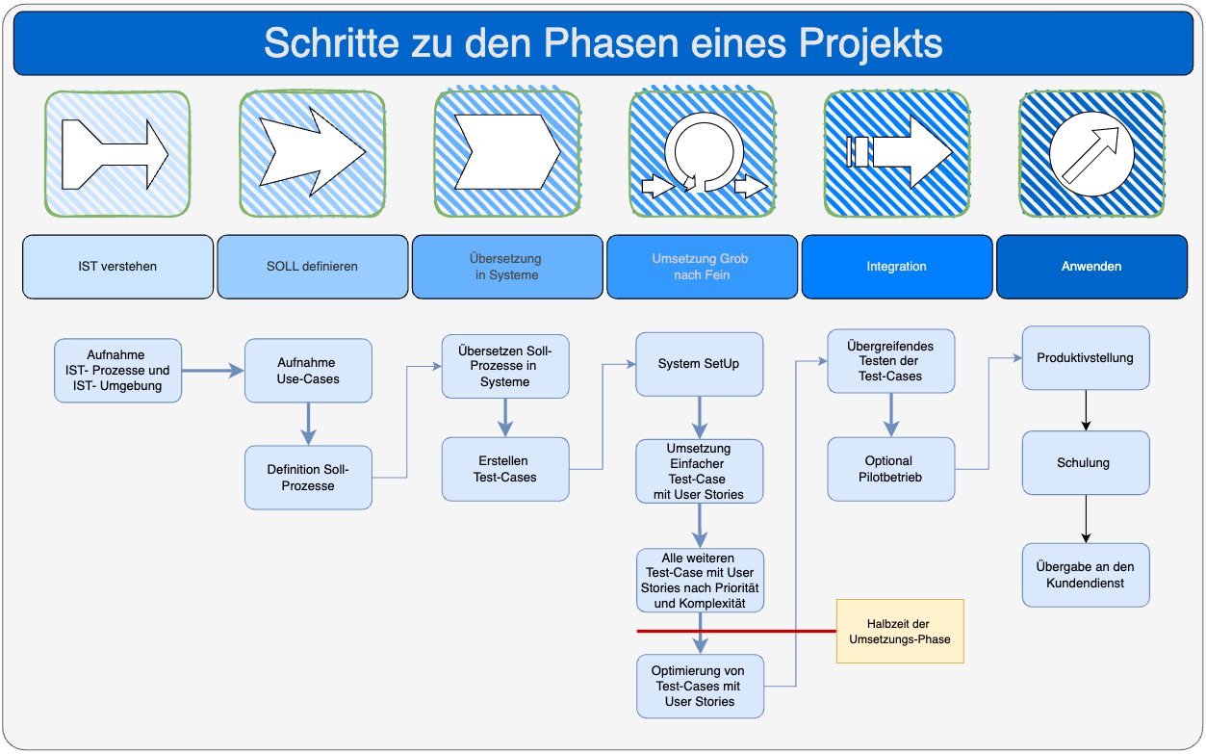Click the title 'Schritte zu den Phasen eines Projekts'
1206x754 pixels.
(603, 43)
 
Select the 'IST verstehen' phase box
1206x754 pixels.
(117, 267)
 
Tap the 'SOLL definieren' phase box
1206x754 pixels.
(312, 267)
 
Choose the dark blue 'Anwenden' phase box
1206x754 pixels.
(1091, 267)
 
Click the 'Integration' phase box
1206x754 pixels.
(896, 267)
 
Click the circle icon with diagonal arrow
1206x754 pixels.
(1091, 154)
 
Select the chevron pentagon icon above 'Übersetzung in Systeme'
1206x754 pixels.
(507, 152)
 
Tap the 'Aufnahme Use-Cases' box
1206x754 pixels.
(307, 371)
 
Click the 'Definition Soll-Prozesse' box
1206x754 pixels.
(308, 478)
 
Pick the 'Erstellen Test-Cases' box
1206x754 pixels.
(505, 469)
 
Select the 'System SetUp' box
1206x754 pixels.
(699, 364)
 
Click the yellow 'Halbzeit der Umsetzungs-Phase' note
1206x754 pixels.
(900, 631)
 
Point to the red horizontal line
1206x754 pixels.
(736, 632)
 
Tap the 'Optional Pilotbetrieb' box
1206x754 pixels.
(890, 469)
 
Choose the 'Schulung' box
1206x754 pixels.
(1085, 462)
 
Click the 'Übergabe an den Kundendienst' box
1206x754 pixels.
(1085, 575)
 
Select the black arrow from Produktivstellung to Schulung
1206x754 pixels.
(1086, 410)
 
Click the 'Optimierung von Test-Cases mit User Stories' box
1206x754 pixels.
(700, 686)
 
